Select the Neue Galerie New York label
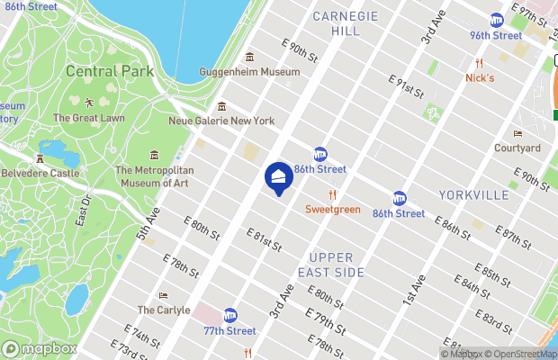coord(221,121)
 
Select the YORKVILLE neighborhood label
coord(475,195)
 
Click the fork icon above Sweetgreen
coord(332,193)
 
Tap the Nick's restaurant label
coord(480,77)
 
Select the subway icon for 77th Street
coord(230,315)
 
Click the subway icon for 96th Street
coord(496,21)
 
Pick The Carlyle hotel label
coord(163,310)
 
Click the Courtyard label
coord(517,148)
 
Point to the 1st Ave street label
coord(413,289)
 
